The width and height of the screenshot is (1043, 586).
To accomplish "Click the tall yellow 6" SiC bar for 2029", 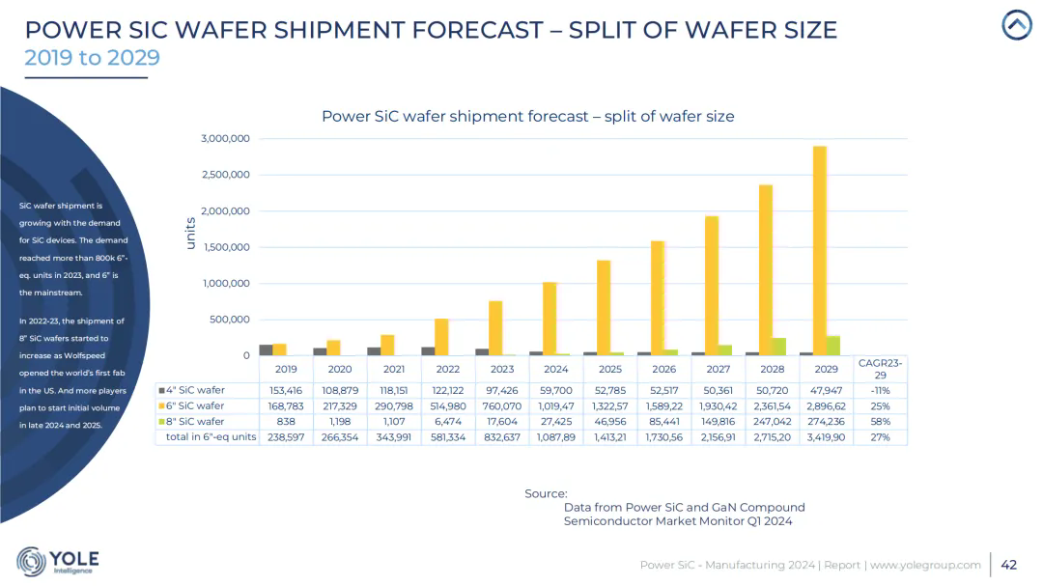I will coord(819,251).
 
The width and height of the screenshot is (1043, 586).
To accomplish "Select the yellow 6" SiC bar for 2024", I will coord(549,319).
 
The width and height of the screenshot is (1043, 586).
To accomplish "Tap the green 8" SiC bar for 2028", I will coord(778,346).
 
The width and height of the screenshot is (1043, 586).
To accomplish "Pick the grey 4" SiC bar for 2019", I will coord(266,349).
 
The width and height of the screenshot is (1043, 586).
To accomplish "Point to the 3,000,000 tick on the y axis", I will coord(226,139).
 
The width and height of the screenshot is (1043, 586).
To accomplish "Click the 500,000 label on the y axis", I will coord(226,320).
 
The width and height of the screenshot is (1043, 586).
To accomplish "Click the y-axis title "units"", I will coord(191,235).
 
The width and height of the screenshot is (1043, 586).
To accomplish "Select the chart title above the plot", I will coord(527,116).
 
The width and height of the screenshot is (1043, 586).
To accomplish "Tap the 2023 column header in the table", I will coord(502,369).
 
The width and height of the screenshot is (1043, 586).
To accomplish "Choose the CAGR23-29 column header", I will coord(880,369).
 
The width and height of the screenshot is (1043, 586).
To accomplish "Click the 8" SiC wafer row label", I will coord(196,421).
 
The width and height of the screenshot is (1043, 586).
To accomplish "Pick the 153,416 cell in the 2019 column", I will coord(286,390).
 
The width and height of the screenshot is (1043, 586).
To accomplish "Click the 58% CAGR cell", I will coord(880,421).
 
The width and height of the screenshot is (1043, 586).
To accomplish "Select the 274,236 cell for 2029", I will coord(826,421).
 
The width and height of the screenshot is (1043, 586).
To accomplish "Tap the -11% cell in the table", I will coord(880,390).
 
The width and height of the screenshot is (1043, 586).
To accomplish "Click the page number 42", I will coord(1009,565).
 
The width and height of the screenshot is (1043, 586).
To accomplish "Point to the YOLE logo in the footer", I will coord(58,561).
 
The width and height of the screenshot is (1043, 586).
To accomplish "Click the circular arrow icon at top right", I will coord(1017,25).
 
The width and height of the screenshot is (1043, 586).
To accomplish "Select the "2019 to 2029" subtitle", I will coord(92,58).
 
